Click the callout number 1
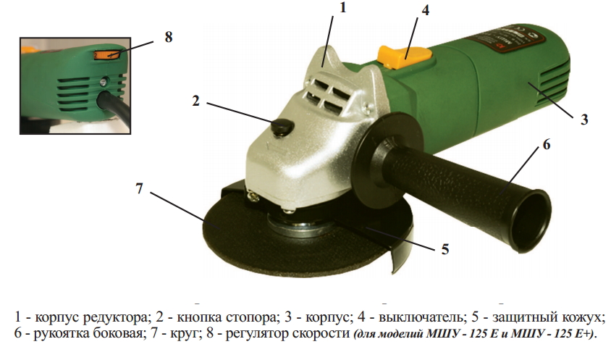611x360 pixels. (x=343, y=7)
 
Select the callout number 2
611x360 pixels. (x=195, y=101)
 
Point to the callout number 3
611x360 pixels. (x=584, y=120)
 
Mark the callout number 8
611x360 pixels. (x=169, y=37)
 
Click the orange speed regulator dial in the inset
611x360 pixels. (x=106, y=55)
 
